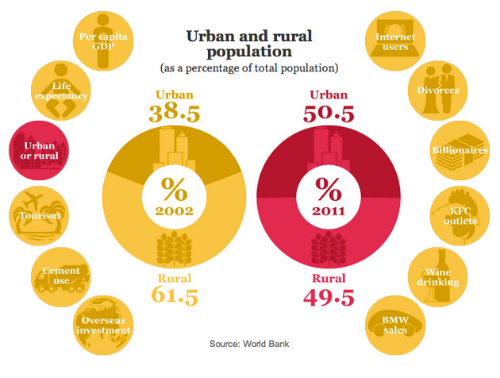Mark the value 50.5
327,112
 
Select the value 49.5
327,296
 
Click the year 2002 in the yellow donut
174,210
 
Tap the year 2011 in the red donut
326,210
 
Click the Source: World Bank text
249,344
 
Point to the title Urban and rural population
249,44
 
